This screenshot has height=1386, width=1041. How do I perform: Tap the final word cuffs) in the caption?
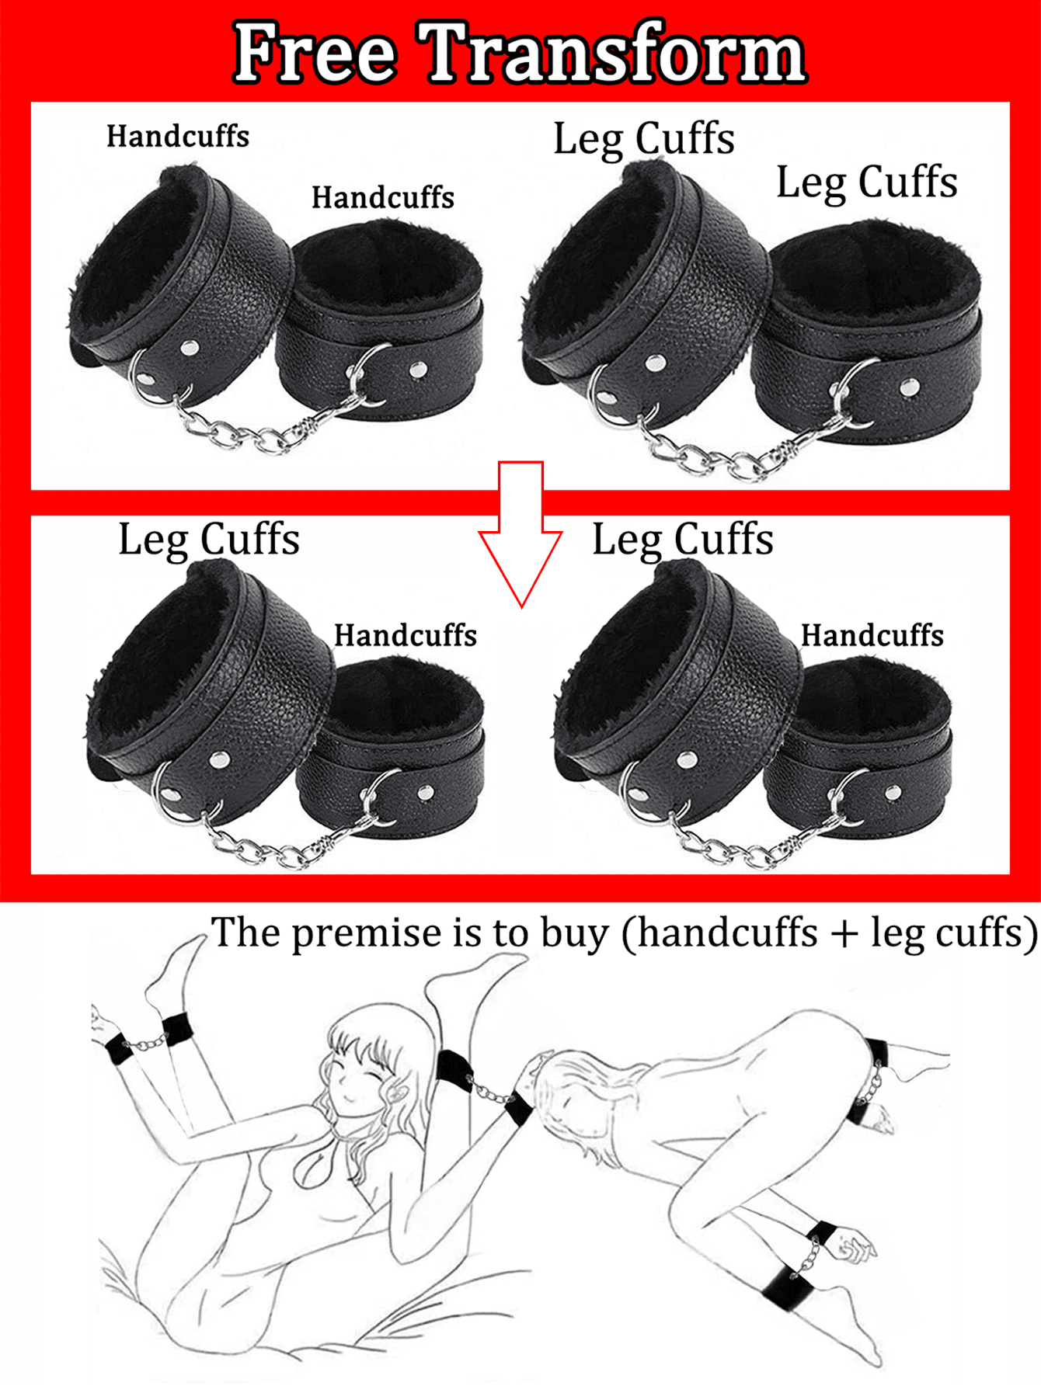point(987,934)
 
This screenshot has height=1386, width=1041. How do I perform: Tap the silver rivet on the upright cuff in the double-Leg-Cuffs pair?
point(910,387)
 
